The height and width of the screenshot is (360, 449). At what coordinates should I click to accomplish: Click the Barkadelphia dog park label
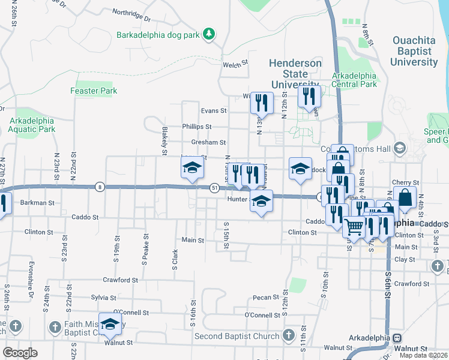tap(158, 35)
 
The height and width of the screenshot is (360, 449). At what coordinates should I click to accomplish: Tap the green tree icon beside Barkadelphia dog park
tap(209, 34)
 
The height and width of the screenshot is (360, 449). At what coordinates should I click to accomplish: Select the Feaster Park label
tap(93, 91)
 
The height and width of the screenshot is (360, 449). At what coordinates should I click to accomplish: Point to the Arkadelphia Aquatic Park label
tap(32, 124)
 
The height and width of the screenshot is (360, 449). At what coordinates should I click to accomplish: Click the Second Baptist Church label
tap(237, 336)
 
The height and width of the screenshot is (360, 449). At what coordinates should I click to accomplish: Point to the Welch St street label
tap(235, 63)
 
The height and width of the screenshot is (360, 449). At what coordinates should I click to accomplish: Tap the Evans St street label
tap(214, 111)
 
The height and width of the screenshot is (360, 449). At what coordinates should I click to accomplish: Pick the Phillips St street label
tap(197, 127)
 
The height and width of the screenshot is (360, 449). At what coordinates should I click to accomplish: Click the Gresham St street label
tap(208, 143)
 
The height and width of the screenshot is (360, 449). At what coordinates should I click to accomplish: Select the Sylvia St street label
tap(103, 298)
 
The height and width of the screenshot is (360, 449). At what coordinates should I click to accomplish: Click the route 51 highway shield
tap(214, 188)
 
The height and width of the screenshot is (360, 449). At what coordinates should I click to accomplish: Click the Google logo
tap(20, 353)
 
